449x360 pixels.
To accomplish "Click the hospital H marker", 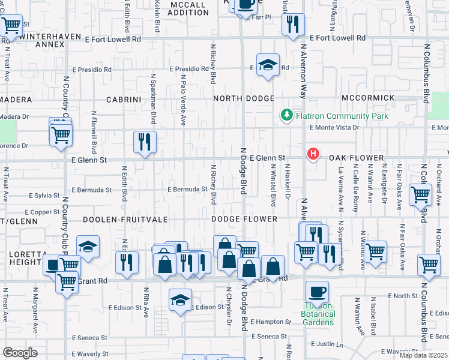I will pos(313,154).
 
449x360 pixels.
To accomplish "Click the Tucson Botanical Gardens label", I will pos(317,317).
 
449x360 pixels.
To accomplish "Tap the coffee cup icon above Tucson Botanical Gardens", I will pos(317,293).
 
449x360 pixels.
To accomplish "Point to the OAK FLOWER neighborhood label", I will pos(356,158).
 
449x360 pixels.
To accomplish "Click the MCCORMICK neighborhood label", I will pos(368,98).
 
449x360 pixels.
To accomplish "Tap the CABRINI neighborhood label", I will pos(124,99).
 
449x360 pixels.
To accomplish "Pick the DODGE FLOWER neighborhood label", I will pos(244,220).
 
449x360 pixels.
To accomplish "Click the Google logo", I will pos(20,353).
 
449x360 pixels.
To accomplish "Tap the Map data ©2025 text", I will pos(423,355).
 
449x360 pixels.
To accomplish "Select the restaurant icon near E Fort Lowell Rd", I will pos(293,25).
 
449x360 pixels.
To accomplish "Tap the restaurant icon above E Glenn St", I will pos(145,142).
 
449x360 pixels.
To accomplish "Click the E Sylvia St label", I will pos(44,196).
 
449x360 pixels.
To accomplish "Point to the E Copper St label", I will pos(42,212).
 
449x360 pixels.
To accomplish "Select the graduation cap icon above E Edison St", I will pos(180,300).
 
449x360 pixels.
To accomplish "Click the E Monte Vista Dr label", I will pos(334,127).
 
